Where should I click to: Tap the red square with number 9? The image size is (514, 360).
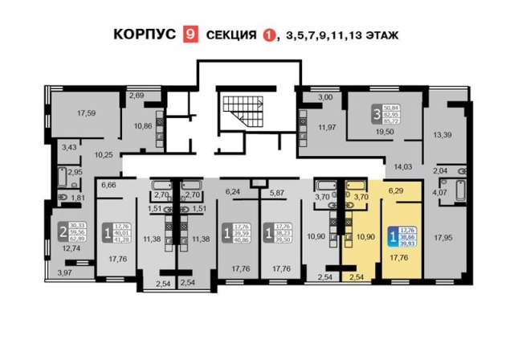tap(191, 35)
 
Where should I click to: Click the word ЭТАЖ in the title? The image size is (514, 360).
tap(393, 35)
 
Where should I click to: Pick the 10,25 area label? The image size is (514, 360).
tap(103, 154)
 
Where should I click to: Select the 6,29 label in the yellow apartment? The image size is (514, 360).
tap(396, 191)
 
